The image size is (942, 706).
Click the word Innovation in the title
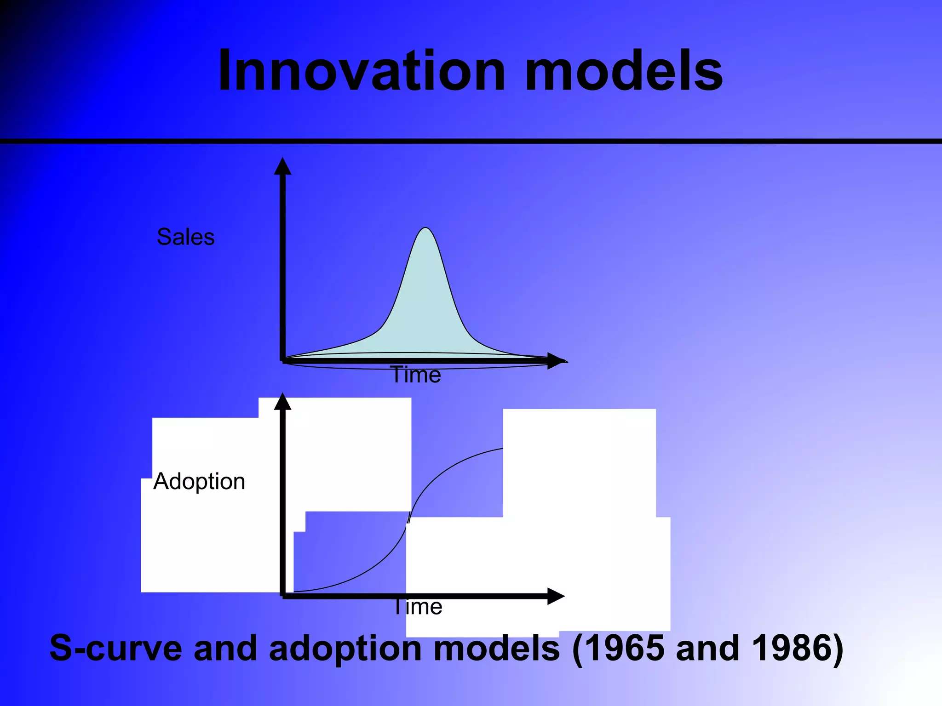(362, 71)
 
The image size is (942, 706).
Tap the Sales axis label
(186, 237)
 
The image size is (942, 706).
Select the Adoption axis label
(199, 481)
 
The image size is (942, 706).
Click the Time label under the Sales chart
(416, 375)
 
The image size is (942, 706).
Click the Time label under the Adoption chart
(418, 607)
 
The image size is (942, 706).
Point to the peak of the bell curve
(426, 228)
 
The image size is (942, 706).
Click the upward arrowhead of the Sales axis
(282, 166)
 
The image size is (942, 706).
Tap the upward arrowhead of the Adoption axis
(282, 402)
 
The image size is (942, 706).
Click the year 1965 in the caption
(618, 648)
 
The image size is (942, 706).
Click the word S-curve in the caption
(115, 648)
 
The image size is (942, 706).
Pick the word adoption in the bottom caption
(345, 648)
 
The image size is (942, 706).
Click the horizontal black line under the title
(471, 141)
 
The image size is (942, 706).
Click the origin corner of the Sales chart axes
(283, 361)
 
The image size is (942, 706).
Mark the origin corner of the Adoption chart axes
(283, 596)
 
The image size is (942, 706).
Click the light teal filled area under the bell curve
(425, 313)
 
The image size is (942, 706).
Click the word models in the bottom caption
(497, 648)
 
